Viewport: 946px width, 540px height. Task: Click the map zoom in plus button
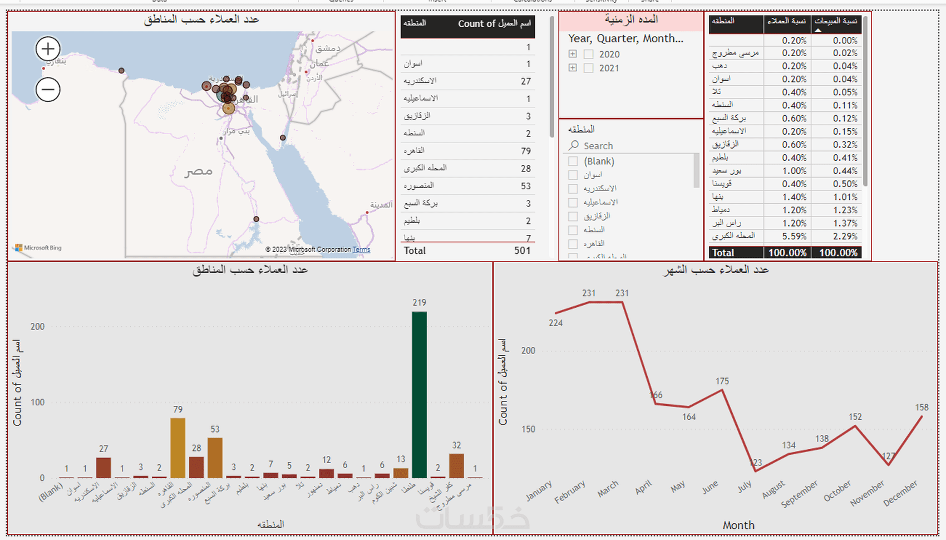coord(48,49)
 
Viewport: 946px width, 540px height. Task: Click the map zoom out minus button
coord(48,90)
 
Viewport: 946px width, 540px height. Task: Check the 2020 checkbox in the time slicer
coord(588,55)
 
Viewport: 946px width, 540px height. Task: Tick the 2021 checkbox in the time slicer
coord(588,68)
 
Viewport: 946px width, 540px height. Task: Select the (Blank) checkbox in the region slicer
coord(573,161)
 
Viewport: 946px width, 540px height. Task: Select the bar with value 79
coord(178,448)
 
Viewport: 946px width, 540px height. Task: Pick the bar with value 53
coord(215,458)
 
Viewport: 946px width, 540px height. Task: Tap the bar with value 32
coord(456,465)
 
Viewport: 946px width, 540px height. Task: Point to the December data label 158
coord(922,408)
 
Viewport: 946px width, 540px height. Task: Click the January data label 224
coord(555,323)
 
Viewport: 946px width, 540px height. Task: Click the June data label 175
coord(722,381)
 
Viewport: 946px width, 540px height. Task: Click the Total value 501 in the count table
coord(522,251)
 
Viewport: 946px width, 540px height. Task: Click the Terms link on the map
coord(361,249)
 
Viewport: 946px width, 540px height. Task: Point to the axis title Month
coord(738,525)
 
